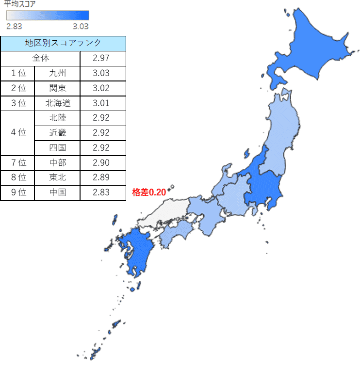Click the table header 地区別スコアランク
[63, 43]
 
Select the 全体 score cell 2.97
[103, 58]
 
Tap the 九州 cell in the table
[57, 73]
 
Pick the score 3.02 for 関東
[103, 88]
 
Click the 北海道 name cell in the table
[57, 103]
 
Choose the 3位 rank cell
[18, 103]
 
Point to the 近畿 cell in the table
[57, 133]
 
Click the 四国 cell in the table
[57, 147]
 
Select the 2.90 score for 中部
[103, 162]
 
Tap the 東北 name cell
[57, 177]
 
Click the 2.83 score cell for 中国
[103, 193]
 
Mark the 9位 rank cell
[18, 193]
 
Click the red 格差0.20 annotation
[149, 193]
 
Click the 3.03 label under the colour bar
[81, 26]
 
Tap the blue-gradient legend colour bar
[47, 16]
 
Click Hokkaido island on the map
[311, 48]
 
